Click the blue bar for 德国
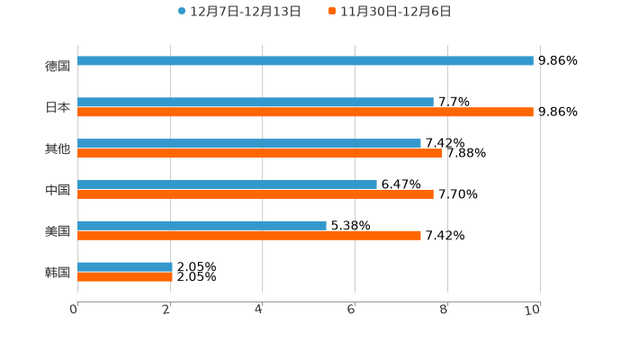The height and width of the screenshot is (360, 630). tap(305, 61)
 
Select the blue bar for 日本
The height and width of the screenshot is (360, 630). tap(256, 103)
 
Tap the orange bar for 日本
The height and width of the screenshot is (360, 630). tap(305, 112)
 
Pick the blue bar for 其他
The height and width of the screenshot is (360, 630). tap(249, 144)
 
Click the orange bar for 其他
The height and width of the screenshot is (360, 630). tap(260, 154)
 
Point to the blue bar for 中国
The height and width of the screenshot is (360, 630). tap(227, 184)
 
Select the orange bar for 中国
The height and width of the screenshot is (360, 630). tap(256, 194)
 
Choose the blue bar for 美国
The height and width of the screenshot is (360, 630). tap(202, 226)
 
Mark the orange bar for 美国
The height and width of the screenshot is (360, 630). tap(249, 236)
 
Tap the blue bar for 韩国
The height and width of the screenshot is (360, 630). tap(125, 267)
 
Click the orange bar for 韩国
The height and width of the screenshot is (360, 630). tap(125, 277)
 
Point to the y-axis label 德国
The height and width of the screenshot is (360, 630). tap(58, 67)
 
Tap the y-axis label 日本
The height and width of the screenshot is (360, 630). tap(58, 108)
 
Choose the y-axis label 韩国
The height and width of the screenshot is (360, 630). tap(58, 273)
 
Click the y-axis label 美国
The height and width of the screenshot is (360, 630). tap(58, 231)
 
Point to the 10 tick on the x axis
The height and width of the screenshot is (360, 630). tap(533, 310)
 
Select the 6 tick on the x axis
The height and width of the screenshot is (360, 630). tap(351, 310)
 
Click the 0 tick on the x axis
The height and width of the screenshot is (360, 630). tap(74, 310)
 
